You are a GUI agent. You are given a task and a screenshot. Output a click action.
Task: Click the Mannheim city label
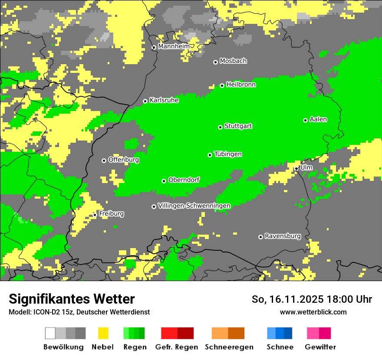(x=174, y=46)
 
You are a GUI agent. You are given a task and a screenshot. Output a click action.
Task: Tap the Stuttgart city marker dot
(x=220, y=127)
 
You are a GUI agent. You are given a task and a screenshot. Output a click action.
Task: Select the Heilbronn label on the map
(x=240, y=85)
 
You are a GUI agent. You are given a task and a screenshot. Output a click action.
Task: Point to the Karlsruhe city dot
(x=145, y=101)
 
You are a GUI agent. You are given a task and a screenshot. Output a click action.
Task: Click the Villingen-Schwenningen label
(x=194, y=206)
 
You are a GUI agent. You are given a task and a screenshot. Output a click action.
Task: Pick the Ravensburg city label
(x=283, y=236)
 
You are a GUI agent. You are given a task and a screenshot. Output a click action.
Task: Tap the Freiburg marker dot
(x=95, y=215)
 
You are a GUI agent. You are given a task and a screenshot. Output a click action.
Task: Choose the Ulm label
(x=306, y=167)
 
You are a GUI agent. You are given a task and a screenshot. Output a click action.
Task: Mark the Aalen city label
(x=318, y=119)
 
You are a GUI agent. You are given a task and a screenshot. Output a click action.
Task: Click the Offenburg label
(x=123, y=160)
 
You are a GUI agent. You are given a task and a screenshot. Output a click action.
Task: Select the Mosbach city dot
(x=215, y=62)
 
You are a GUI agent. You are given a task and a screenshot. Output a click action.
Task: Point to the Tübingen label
(x=228, y=154)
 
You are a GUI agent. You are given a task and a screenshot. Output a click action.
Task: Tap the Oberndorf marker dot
(x=164, y=181)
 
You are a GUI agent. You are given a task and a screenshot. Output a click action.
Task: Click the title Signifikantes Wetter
(x=72, y=299)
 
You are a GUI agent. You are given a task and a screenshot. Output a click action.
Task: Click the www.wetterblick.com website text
(x=313, y=312)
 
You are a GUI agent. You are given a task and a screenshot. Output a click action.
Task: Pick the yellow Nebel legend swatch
(x=103, y=333)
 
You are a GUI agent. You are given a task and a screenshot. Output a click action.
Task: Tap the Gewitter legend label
(x=320, y=347)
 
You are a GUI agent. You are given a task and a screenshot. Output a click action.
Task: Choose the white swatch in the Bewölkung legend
(x=50, y=333)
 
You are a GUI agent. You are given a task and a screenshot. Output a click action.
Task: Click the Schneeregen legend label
(x=229, y=347)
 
